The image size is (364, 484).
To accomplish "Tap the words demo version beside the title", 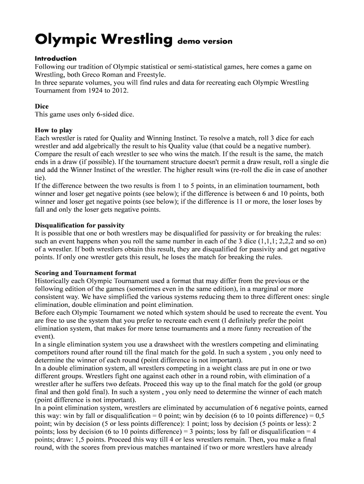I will click(205, 41).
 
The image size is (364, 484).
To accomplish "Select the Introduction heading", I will click(55, 59).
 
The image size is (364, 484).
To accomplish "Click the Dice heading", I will click(42, 106).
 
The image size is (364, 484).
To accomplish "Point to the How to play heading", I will click(54, 130).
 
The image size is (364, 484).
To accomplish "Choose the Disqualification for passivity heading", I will click(79, 225).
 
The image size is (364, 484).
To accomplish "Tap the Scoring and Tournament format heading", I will click(86, 273).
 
